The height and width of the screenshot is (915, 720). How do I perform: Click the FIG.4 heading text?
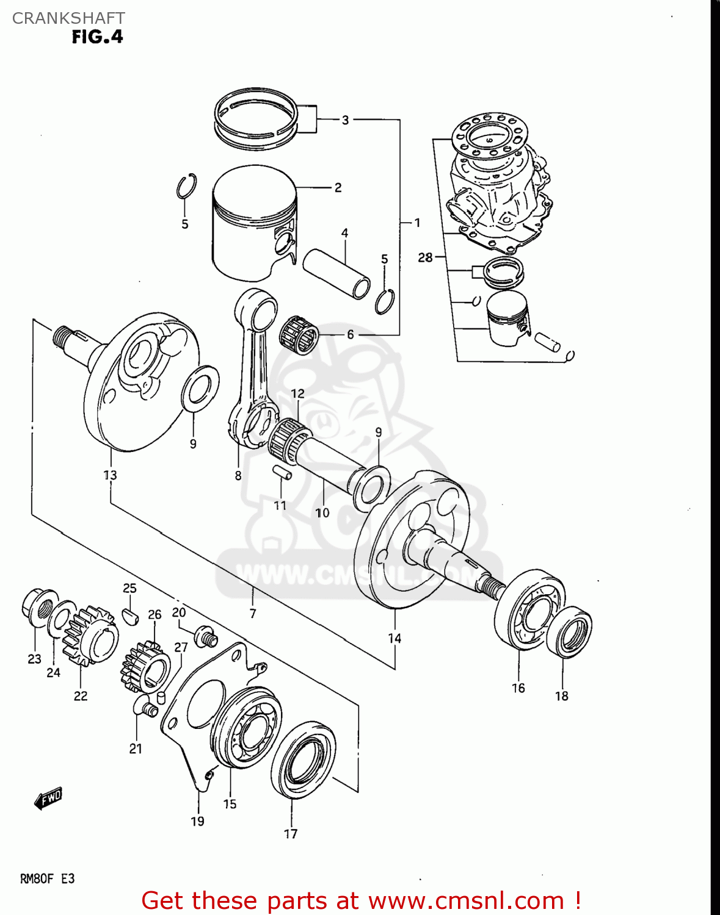[x=97, y=37]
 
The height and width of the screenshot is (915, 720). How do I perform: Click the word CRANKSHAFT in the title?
[x=68, y=18]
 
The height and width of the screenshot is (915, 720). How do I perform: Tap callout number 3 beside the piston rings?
[x=345, y=120]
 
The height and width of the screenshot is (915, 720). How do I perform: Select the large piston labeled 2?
[x=253, y=223]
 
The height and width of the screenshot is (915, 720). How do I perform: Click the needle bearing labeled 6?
[x=299, y=334]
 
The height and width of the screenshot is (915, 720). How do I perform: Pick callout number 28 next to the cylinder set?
[x=425, y=257]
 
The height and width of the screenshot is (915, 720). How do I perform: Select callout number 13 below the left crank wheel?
[x=110, y=475]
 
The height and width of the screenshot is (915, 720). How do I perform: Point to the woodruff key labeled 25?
[x=130, y=616]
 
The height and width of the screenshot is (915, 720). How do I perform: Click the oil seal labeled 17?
[x=304, y=759]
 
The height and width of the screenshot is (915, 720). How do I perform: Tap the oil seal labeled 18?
[x=570, y=631]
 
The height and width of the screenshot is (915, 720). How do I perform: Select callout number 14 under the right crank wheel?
[x=395, y=638]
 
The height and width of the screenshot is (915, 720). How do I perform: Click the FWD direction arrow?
[x=48, y=798]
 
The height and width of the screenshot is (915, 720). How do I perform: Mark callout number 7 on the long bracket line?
[x=253, y=614]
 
